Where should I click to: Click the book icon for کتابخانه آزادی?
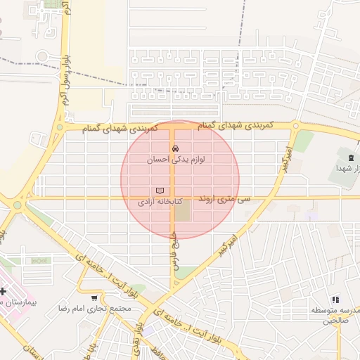click(160, 191)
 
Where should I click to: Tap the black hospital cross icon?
click(3, 290)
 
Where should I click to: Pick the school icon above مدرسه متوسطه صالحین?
click(335, 300)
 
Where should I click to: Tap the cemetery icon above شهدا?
click(350, 153)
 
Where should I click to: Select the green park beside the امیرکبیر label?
click(303, 141)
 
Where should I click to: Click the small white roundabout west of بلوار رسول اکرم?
click(41, 56)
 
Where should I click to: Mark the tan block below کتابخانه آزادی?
click(182, 211)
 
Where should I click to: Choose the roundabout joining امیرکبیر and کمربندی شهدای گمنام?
click(296, 127)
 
